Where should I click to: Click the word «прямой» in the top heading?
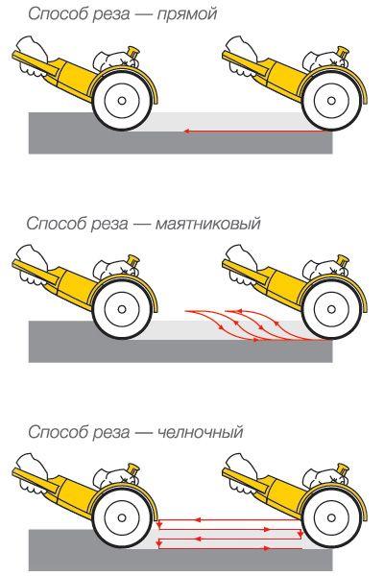pyautogui.click(x=186, y=14)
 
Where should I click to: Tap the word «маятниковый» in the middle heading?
pyautogui.click(x=207, y=224)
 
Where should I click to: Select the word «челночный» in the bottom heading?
pyautogui.click(x=200, y=432)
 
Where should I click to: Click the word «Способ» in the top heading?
pyautogui.click(x=59, y=14)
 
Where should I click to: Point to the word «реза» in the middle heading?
pyautogui.click(x=109, y=224)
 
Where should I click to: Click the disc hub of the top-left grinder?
pyautogui.click(x=122, y=100)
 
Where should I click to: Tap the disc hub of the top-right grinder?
pyautogui.click(x=331, y=100)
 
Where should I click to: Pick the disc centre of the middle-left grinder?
pyautogui.click(x=122, y=309)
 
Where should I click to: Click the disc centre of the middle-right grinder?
pyautogui.click(x=331, y=309)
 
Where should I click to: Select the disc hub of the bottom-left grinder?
pyautogui.click(x=122, y=518)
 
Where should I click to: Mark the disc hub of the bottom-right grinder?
pyautogui.click(x=331, y=518)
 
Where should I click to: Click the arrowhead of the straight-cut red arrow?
pyautogui.click(x=186, y=132)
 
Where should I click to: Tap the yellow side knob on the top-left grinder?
pyautogui.click(x=133, y=53)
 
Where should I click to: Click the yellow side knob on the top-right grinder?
pyautogui.click(x=343, y=53)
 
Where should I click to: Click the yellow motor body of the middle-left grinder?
pyautogui.click(x=75, y=287)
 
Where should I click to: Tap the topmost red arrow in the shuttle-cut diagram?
pyautogui.click(x=229, y=519)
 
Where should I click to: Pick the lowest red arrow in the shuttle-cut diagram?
pyautogui.click(x=229, y=548)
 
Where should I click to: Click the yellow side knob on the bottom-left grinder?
pyautogui.click(x=133, y=470)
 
